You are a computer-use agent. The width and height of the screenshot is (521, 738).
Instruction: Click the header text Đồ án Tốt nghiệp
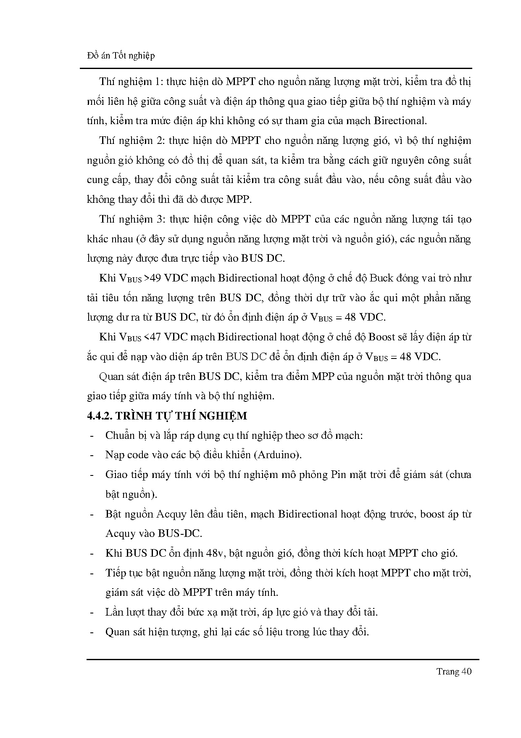tap(121, 56)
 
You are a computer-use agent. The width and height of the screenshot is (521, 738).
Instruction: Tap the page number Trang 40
tap(454, 671)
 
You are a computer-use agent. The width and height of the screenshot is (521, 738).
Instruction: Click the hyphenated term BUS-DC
tap(180, 534)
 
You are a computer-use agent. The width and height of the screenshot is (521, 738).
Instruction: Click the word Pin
tap(339, 475)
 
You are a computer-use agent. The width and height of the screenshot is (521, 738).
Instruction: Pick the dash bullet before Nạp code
tap(92, 455)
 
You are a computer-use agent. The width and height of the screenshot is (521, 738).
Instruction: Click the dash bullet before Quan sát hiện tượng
tap(92, 632)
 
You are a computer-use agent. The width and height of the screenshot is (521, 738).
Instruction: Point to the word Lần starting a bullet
tap(114, 612)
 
